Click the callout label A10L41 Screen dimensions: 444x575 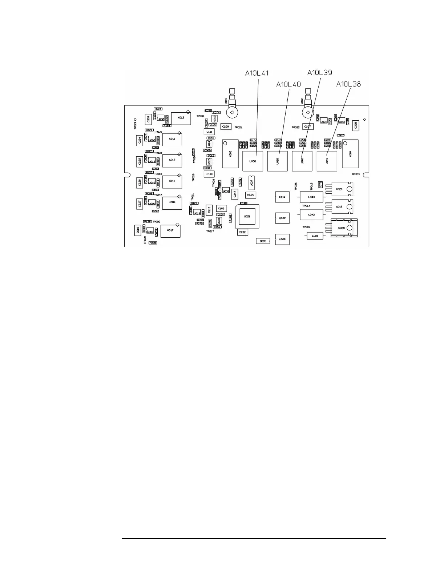pos(257,73)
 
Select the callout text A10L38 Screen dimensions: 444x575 pos(348,84)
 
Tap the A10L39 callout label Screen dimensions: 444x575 pos(320,72)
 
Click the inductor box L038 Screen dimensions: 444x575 pos(253,161)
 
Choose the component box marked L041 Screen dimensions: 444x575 pos(327,161)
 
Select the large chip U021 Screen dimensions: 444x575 pos(247,216)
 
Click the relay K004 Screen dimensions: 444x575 pos(350,154)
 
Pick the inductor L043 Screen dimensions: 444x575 pos(311,197)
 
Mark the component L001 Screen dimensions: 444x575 pos(315,236)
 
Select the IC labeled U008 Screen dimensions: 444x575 pos(282,240)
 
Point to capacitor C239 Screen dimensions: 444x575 pos(226,126)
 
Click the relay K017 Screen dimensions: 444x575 pos(170,231)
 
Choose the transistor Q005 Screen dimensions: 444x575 pos(263,241)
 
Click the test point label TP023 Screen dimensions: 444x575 pos(355,174)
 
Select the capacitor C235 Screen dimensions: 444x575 pos(355,125)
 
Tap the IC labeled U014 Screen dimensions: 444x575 pos(282,197)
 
